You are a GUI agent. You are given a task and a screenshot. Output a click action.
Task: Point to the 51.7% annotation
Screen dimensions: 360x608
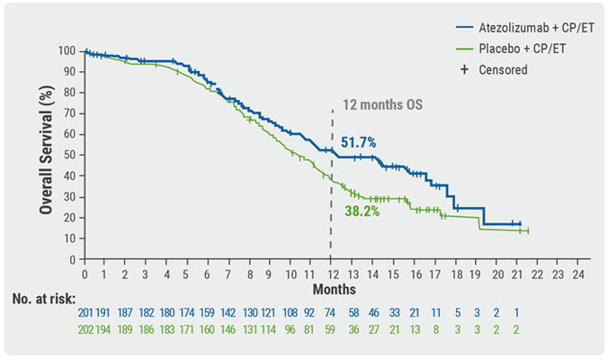click(x=358, y=142)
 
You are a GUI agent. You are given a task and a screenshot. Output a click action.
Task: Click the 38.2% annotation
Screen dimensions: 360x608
click(x=362, y=211)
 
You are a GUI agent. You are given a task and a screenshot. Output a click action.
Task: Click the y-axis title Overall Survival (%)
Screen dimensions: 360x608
click(x=44, y=155)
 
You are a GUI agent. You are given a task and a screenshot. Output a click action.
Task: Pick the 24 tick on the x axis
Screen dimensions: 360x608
click(x=578, y=274)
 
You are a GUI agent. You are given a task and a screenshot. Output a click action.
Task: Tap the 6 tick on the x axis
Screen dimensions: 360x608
click(x=208, y=274)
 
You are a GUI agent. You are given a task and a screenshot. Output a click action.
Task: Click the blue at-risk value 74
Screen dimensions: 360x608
click(x=331, y=314)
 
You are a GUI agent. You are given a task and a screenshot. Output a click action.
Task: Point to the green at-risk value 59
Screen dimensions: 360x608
click(x=331, y=330)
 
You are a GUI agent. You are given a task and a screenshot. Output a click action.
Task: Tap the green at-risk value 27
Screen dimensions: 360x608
click(x=373, y=330)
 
